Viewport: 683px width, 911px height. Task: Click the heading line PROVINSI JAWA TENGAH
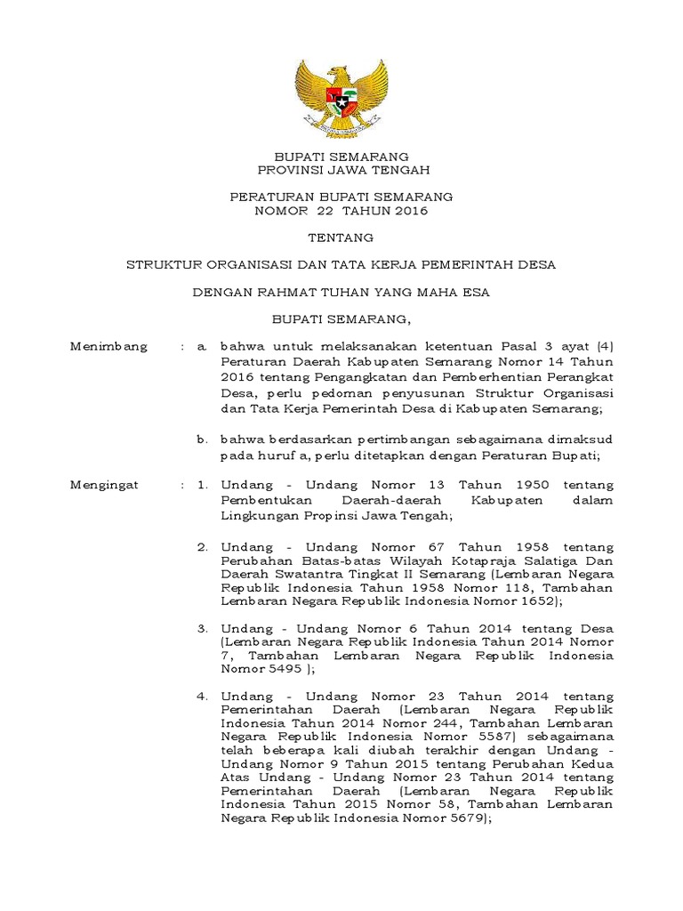click(341, 169)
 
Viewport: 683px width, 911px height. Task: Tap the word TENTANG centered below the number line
click(341, 238)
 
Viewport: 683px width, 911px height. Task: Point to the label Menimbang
click(108, 346)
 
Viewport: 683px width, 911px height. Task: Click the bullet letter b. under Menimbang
click(203, 439)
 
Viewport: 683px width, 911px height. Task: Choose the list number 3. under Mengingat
click(202, 629)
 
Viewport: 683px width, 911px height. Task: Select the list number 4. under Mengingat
click(202, 696)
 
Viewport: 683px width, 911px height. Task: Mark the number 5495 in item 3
click(280, 669)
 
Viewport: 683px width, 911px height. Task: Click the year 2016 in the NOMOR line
click(407, 211)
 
